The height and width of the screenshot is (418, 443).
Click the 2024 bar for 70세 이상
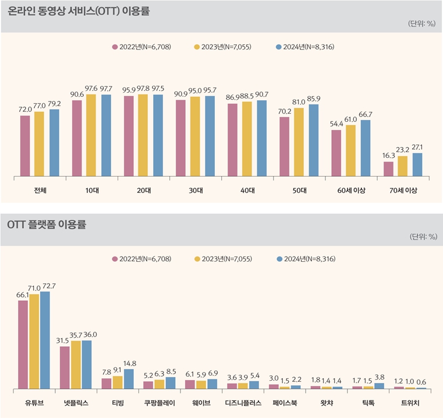tap(417, 164)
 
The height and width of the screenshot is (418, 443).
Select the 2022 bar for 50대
tap(285, 146)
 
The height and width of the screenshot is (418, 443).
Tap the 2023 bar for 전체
tap(39, 144)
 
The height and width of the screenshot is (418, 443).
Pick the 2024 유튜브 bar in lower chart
tap(45, 340)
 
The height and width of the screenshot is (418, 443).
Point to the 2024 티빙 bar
tap(129, 378)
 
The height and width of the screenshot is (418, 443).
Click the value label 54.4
tap(336, 124)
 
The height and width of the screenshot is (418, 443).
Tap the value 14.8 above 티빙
tap(129, 363)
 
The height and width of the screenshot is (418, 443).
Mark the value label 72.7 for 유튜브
tap(46, 285)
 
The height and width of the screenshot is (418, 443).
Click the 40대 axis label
tap(247, 191)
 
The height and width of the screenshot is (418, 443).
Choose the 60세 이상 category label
tap(351, 191)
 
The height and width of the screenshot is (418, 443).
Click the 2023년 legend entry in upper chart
tap(222, 47)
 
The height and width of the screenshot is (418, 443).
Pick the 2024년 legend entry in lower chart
tap(306, 258)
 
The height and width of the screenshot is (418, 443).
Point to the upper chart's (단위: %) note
tap(421, 24)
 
